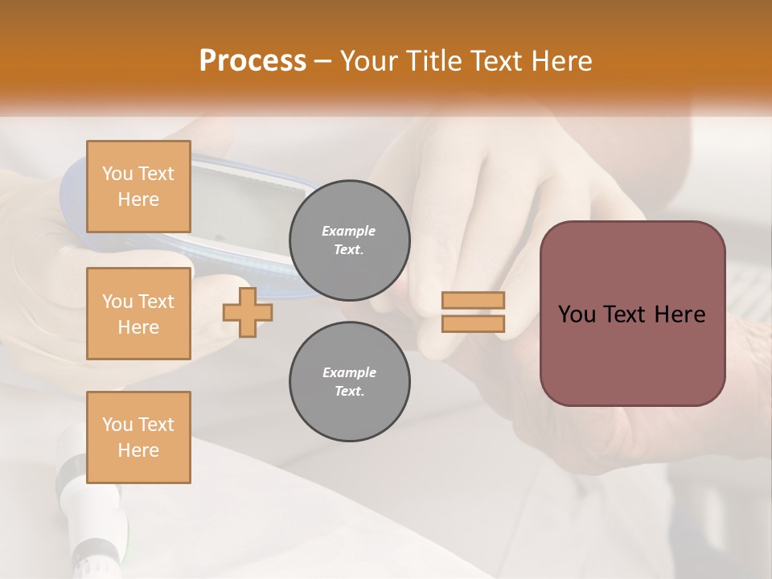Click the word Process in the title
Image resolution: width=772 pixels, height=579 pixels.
[x=253, y=61]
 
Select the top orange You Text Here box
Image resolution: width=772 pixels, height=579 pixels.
[x=138, y=187]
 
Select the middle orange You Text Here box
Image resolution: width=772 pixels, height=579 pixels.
[x=138, y=314]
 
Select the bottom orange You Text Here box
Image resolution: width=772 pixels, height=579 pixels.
[x=138, y=437]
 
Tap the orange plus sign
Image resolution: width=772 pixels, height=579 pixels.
[x=248, y=313]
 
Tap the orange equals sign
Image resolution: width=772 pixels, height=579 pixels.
[x=474, y=312]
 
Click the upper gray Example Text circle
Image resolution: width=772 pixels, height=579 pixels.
[x=350, y=240]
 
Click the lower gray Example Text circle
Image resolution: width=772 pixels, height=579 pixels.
[x=350, y=382]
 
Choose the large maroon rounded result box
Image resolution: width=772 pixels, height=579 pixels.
[x=632, y=314]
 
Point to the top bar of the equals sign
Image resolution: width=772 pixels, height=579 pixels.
[x=474, y=301]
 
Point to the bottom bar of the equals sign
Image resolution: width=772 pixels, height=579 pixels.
[x=474, y=323]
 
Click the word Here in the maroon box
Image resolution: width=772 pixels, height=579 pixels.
[x=680, y=314]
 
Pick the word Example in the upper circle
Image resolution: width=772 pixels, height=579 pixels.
[x=349, y=231]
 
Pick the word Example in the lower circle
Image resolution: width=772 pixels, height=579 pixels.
[x=349, y=372]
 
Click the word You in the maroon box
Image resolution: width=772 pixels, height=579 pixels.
[x=575, y=314]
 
